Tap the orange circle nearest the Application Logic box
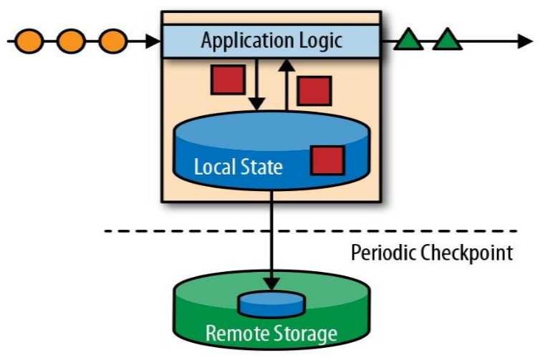click(112, 41)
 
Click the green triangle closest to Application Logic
click(410, 40)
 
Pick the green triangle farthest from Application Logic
click(448, 40)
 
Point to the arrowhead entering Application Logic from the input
click(153, 41)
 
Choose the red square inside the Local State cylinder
click(328, 161)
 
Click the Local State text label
click(238, 168)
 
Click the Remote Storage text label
click(271, 334)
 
